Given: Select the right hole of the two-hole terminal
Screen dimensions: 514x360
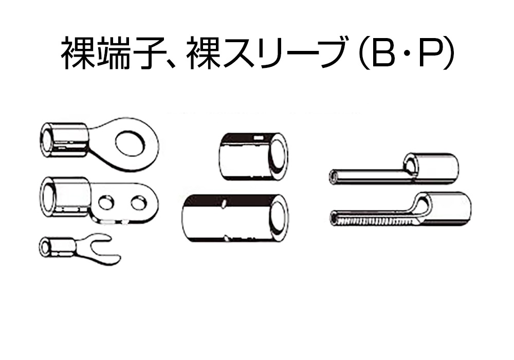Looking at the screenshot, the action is (138, 203).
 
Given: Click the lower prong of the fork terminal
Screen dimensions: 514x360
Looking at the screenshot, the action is (105, 260).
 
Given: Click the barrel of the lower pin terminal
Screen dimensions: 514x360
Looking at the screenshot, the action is (443, 209).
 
